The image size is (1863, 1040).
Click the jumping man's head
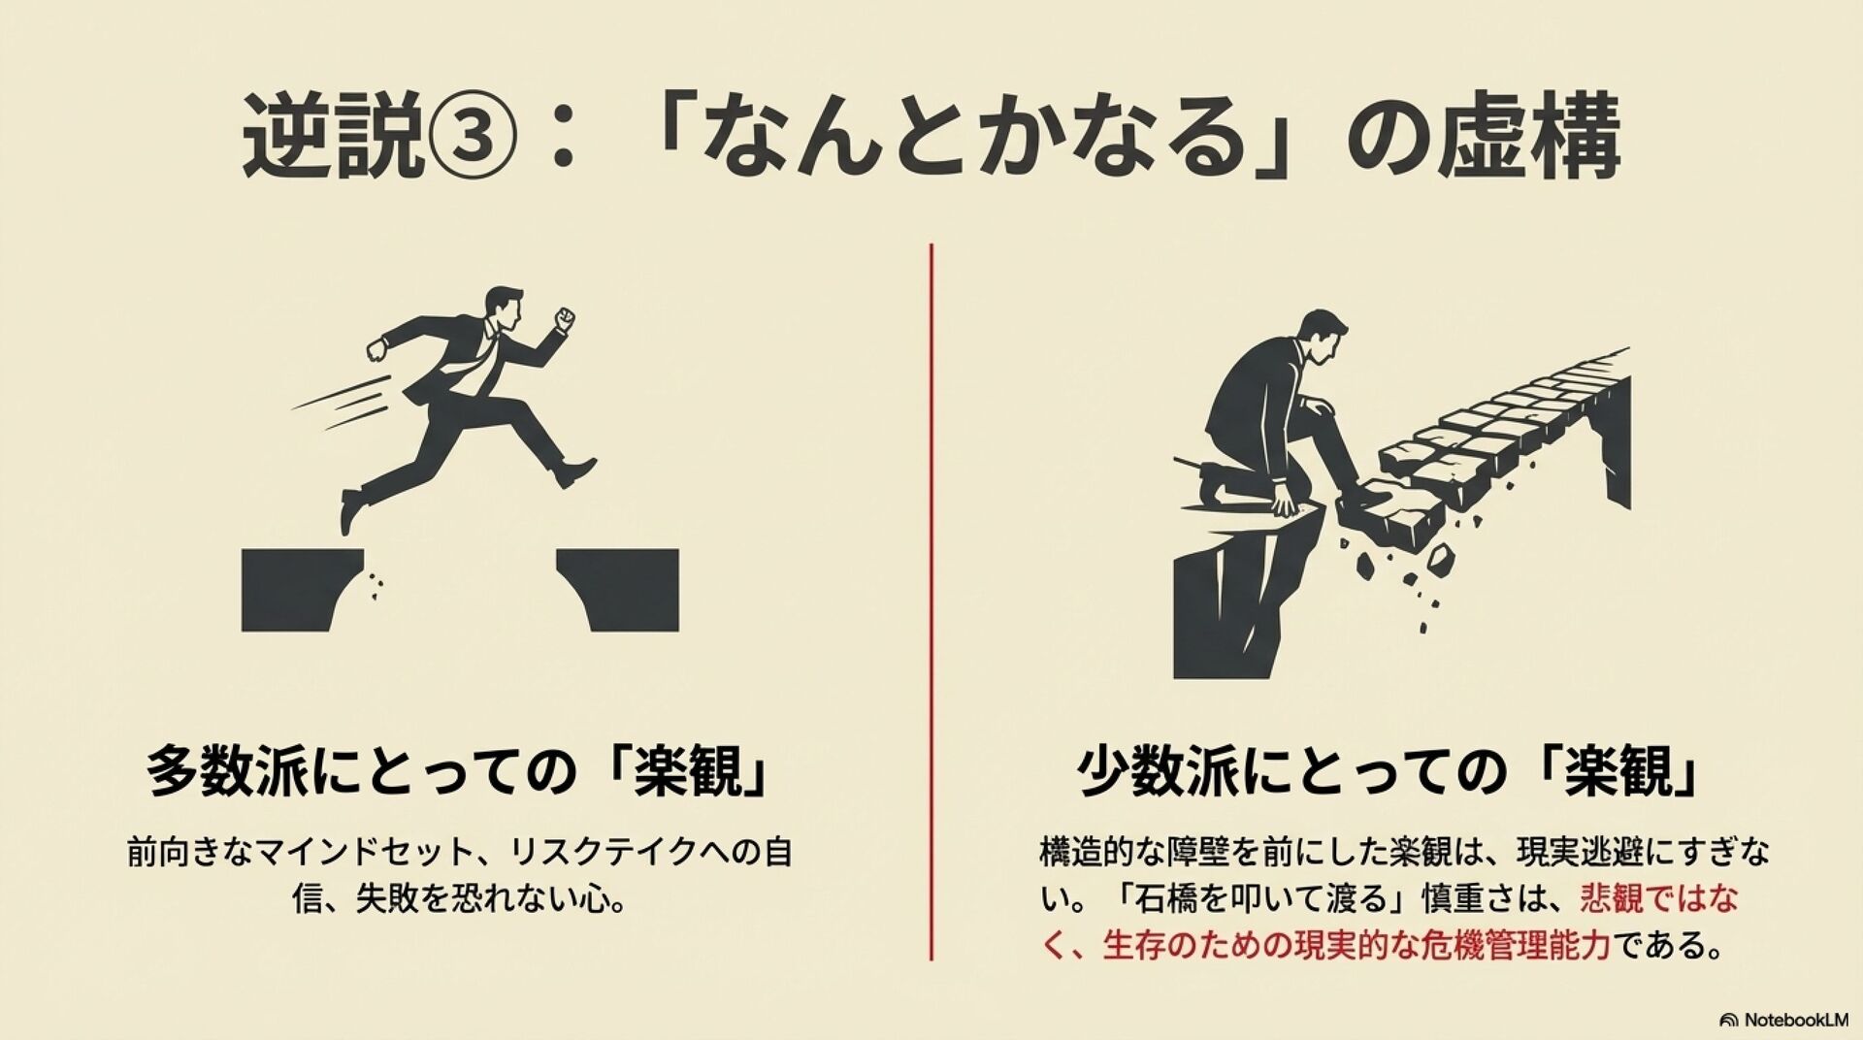point(504,309)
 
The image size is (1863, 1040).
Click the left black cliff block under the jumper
point(300,590)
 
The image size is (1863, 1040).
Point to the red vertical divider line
point(931,601)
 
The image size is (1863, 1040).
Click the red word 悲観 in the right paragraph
point(1611,898)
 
